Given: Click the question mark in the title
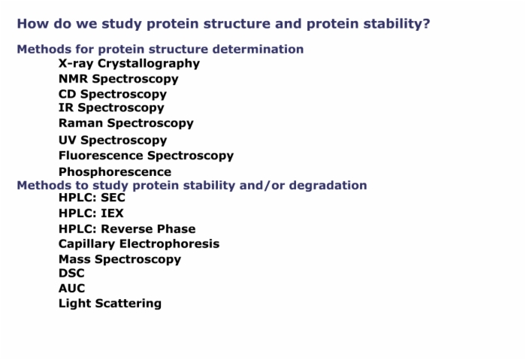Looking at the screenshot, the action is (426, 23).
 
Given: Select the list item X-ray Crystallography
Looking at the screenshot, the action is (129, 63).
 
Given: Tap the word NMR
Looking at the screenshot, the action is (73, 79).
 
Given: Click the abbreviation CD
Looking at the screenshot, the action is (68, 94).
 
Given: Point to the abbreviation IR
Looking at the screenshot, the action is (66, 107).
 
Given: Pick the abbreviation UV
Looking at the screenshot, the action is (68, 140).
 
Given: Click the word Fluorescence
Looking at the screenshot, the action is (101, 156).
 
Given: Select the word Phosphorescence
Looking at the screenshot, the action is (115, 172).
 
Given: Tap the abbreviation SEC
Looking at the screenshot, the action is (113, 197).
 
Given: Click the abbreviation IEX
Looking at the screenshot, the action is (112, 213).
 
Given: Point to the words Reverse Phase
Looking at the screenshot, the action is (148, 228).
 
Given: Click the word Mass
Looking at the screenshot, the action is (75, 259).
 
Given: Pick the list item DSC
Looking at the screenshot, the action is (71, 273).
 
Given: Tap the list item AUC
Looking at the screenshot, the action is (72, 288).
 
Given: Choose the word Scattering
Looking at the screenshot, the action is (128, 304).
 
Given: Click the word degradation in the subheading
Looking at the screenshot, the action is (328, 185).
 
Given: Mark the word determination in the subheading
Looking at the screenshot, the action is (258, 49).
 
